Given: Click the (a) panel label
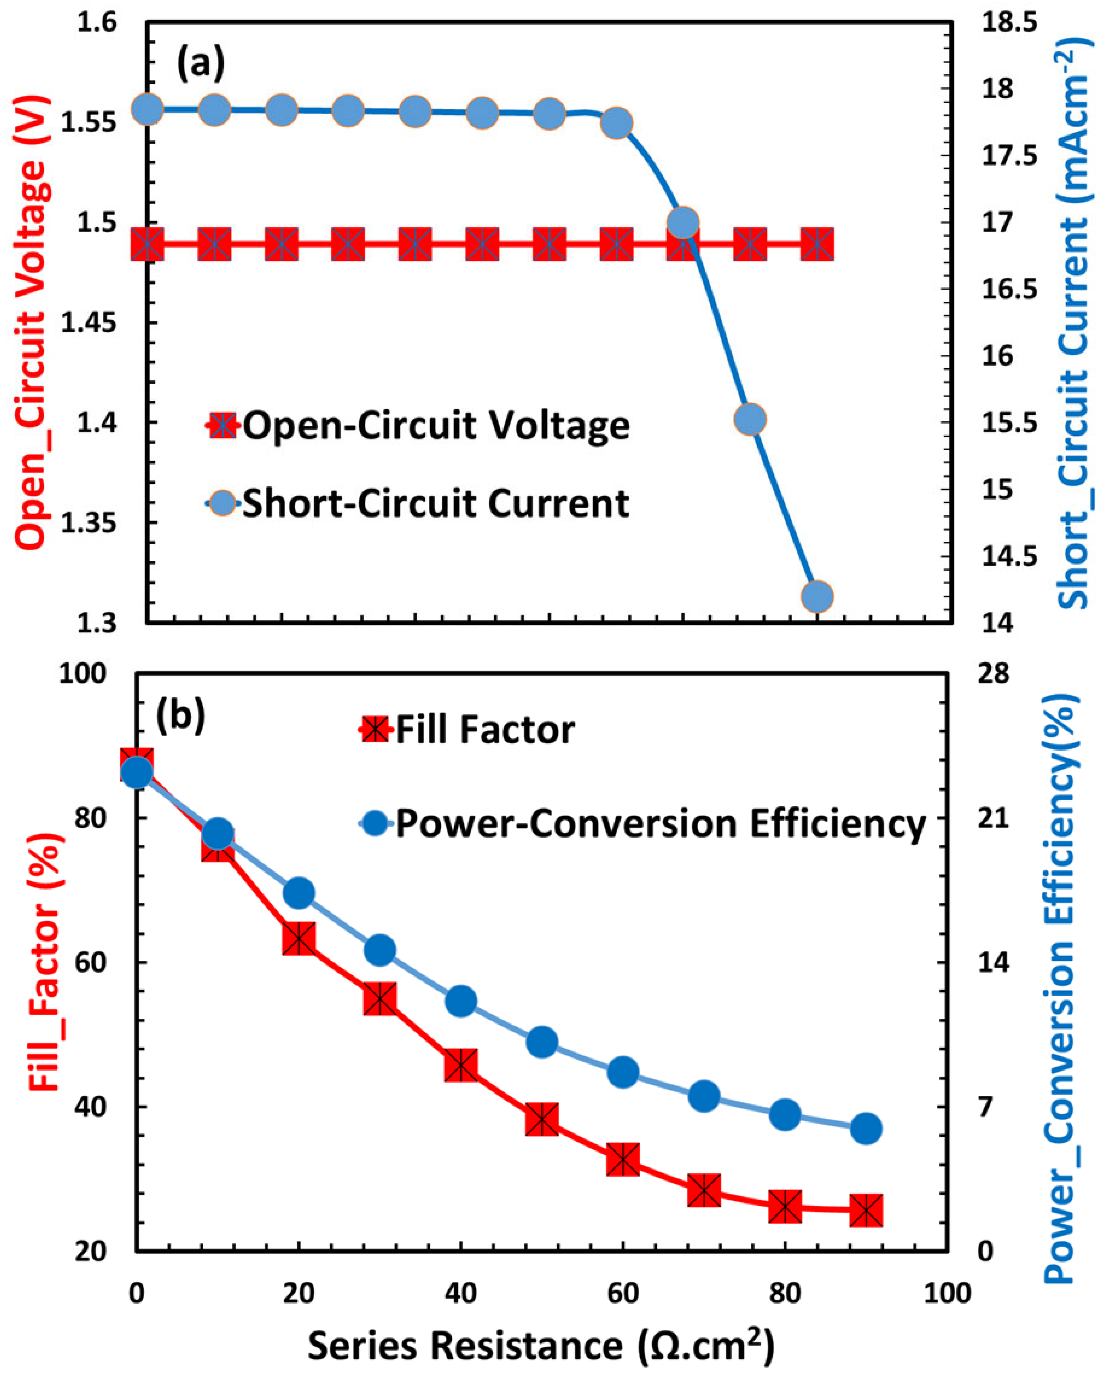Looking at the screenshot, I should (200, 64).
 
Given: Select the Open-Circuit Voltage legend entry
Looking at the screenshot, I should (418, 425).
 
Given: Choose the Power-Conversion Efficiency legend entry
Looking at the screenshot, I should (641, 824).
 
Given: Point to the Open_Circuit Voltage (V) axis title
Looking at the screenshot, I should (31, 322).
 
